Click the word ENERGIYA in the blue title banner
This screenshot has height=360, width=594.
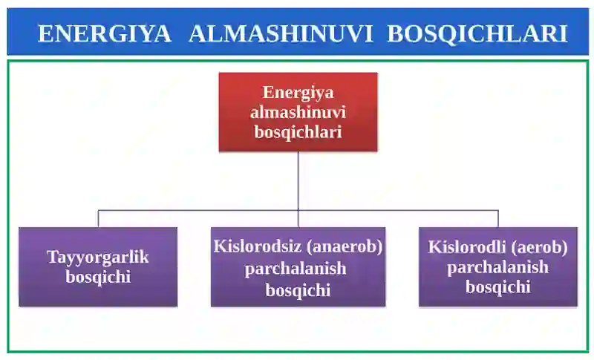point(104,33)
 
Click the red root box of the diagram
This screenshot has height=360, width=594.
point(298,111)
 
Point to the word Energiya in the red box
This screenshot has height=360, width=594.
point(298,93)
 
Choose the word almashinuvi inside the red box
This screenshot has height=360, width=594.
point(298,112)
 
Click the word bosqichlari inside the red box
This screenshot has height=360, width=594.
point(298,131)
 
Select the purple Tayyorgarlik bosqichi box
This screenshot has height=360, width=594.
point(98,266)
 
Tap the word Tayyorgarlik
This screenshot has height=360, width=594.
point(98,258)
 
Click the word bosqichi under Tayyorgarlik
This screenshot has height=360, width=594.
point(98,277)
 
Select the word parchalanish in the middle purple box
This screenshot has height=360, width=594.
point(298,268)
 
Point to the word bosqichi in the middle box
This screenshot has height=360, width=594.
point(298,289)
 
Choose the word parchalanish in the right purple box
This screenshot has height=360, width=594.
point(497,267)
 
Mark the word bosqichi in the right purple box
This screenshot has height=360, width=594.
point(497,287)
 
